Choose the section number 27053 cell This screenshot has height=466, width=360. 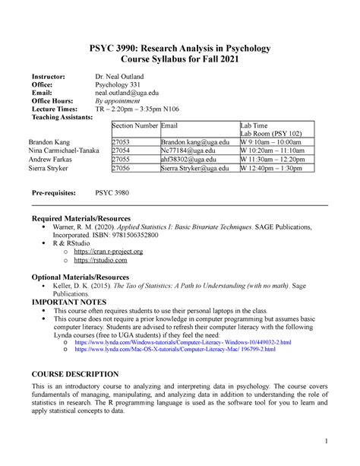121,142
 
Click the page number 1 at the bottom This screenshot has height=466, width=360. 324,442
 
